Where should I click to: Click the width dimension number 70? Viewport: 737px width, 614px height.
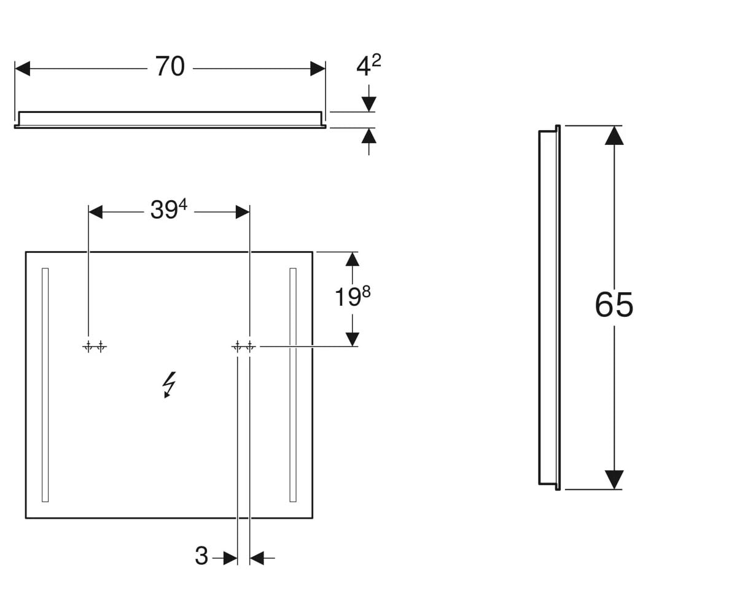pyautogui.click(x=170, y=66)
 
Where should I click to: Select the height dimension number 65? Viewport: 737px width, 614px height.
pyautogui.click(x=614, y=305)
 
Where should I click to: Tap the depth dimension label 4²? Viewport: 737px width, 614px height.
pyautogui.click(x=368, y=65)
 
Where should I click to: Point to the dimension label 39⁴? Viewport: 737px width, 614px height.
pyautogui.click(x=169, y=209)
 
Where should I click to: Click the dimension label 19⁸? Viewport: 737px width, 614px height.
pyautogui.click(x=353, y=296)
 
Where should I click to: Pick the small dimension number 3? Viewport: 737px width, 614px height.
pyautogui.click(x=201, y=556)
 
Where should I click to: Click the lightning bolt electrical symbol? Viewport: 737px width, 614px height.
pyautogui.click(x=170, y=384)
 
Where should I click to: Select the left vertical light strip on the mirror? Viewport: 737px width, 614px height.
pyautogui.click(x=45, y=384)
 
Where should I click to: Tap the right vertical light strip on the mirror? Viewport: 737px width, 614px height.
pyautogui.click(x=293, y=384)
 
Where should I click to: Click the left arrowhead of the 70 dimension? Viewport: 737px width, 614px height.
pyautogui.click(x=23, y=68)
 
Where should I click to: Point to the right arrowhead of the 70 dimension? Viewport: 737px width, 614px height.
pyautogui.click(x=318, y=68)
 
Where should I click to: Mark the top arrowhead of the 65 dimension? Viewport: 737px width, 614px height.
pyautogui.click(x=614, y=135)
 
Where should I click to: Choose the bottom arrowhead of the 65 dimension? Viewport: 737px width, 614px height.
pyautogui.click(x=614, y=480)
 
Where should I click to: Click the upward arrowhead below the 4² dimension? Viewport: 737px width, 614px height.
pyautogui.click(x=369, y=136)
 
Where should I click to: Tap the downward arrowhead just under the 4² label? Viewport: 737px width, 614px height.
pyautogui.click(x=369, y=104)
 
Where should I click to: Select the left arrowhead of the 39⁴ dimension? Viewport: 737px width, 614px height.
pyautogui.click(x=95, y=212)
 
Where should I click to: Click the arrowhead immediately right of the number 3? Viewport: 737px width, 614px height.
pyautogui.click(x=257, y=558)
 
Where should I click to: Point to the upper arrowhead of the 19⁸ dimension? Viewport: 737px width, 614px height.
pyautogui.click(x=353, y=259)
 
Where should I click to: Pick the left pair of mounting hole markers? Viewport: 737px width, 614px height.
pyautogui.click(x=95, y=347)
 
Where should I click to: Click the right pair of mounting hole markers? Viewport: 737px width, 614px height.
pyautogui.click(x=244, y=347)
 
